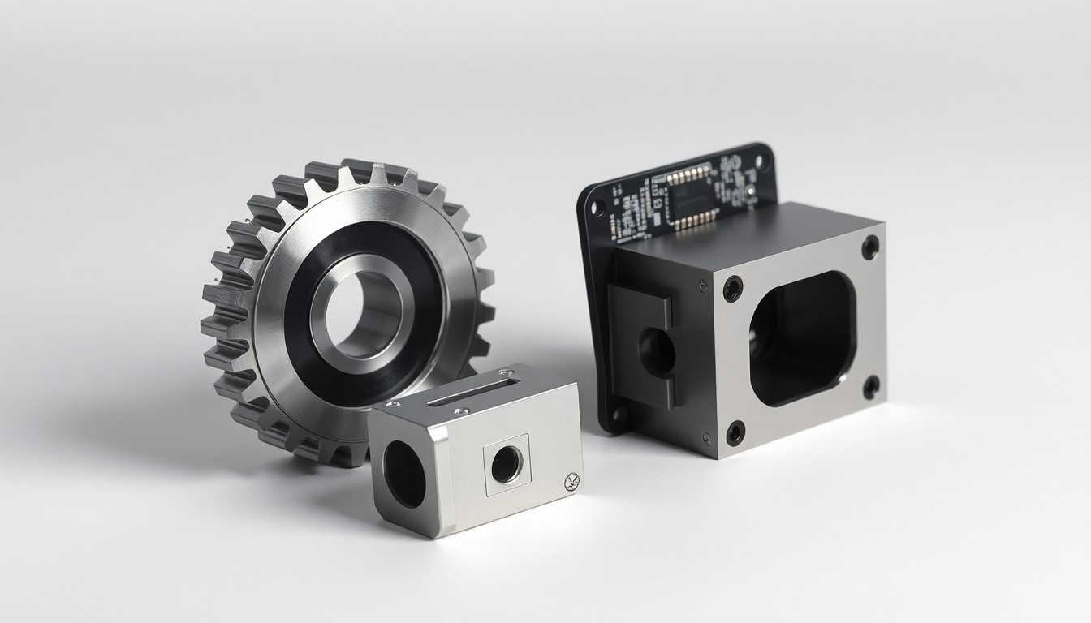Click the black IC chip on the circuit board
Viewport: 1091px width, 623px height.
pyautogui.click(x=690, y=197)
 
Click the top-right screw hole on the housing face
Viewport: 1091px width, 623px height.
pyautogui.click(x=870, y=247)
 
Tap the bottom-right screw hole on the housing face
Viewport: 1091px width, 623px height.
pyautogui.click(x=870, y=387)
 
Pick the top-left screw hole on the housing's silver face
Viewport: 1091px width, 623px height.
pyautogui.click(x=733, y=289)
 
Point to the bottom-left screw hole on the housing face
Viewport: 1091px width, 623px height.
pyautogui.click(x=735, y=432)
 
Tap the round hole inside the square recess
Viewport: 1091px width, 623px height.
pyautogui.click(x=507, y=464)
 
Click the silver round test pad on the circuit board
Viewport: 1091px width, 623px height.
pyautogui.click(x=750, y=192)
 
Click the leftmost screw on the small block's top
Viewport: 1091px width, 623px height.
pyautogui.click(x=392, y=403)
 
